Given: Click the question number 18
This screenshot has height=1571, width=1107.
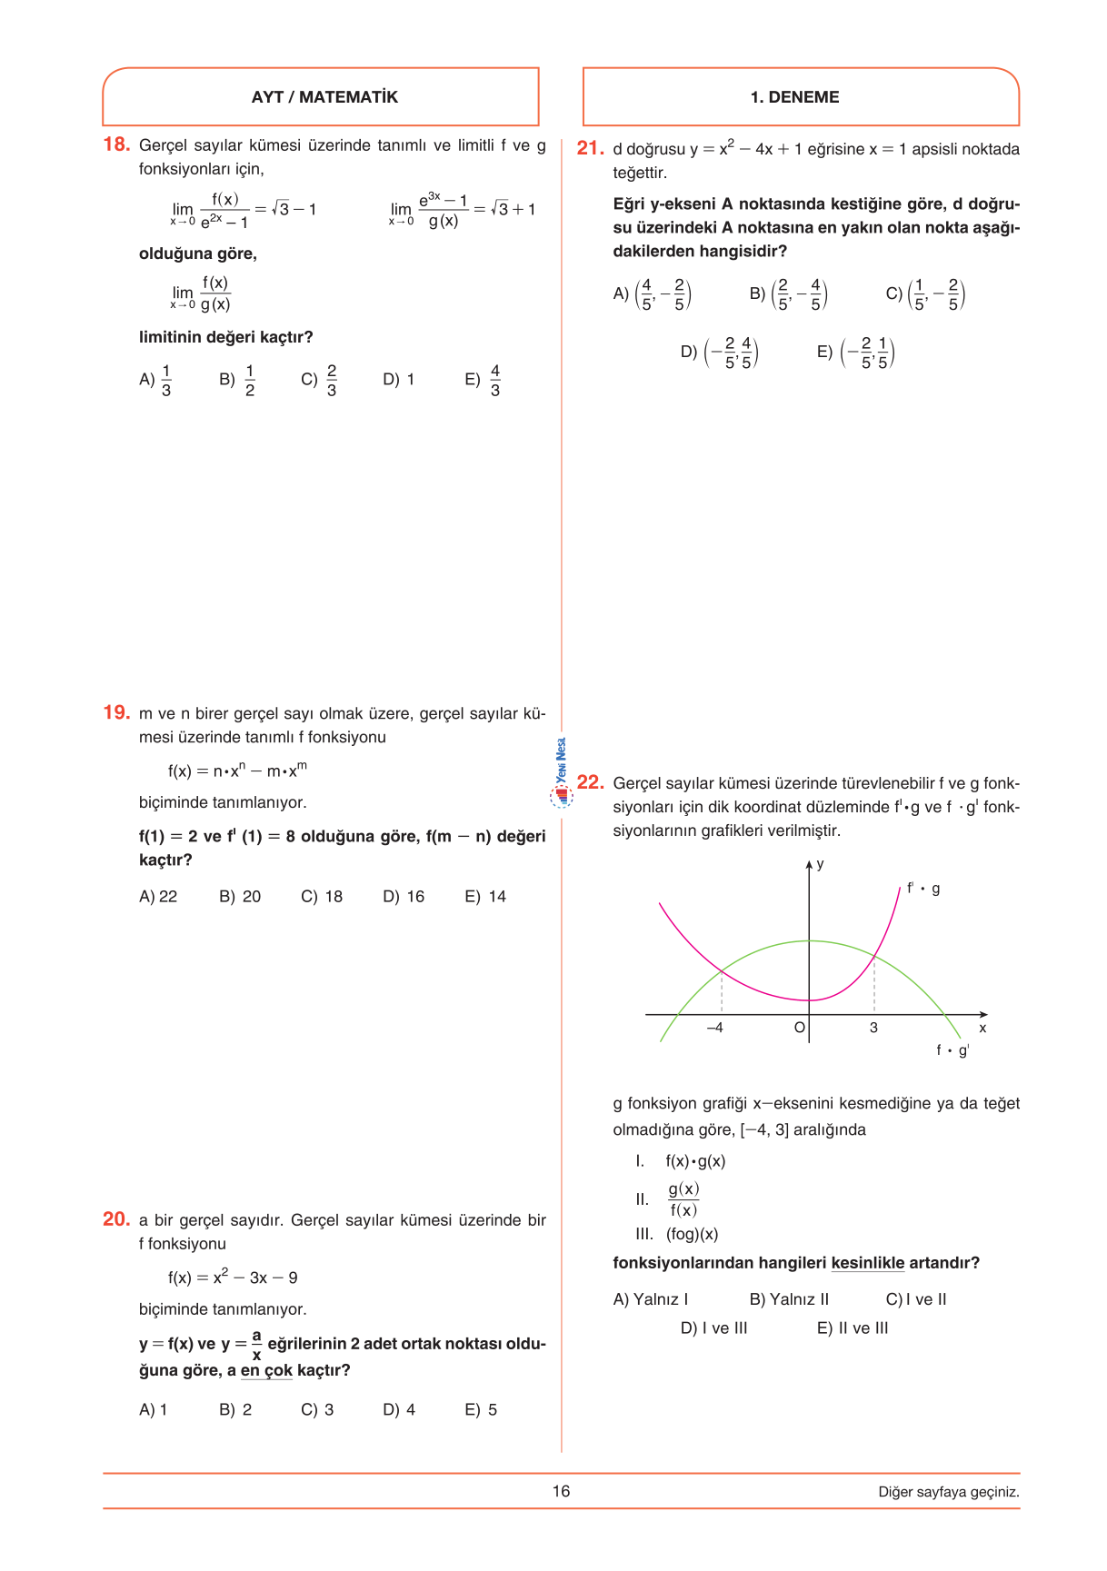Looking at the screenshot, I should [116, 144].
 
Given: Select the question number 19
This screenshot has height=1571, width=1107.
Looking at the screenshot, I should [116, 712].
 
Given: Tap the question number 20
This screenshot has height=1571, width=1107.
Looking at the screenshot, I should [116, 1219].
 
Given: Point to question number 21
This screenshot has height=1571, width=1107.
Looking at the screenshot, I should [590, 148].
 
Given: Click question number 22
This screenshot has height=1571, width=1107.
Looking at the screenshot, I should [590, 782].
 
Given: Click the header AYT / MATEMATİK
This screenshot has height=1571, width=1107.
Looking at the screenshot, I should [324, 97].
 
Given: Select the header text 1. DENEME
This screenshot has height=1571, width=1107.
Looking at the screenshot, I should [794, 97].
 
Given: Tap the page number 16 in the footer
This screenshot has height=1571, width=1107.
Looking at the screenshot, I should [561, 1491].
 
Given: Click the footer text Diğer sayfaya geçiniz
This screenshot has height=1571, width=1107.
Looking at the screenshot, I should [948, 1492].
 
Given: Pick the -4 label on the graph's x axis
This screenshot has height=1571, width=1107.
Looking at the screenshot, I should [715, 1028].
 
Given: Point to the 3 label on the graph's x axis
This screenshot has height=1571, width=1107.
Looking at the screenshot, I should [873, 1028].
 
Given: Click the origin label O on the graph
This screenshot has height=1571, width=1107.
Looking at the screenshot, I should [799, 1028].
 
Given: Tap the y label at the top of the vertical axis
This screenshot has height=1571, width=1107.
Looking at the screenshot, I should [820, 864].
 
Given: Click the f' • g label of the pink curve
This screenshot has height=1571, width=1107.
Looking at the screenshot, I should [923, 889].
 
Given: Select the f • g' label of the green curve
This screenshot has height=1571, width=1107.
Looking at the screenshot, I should [952, 1050].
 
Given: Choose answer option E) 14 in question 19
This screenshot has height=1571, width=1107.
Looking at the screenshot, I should [485, 897].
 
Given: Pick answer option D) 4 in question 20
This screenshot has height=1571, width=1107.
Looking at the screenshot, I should [399, 1410].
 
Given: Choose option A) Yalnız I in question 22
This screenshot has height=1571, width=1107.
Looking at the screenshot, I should [651, 1299].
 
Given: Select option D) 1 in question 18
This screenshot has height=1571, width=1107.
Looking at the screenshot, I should [398, 380].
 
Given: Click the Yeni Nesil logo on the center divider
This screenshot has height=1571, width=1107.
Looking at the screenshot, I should [562, 772].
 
